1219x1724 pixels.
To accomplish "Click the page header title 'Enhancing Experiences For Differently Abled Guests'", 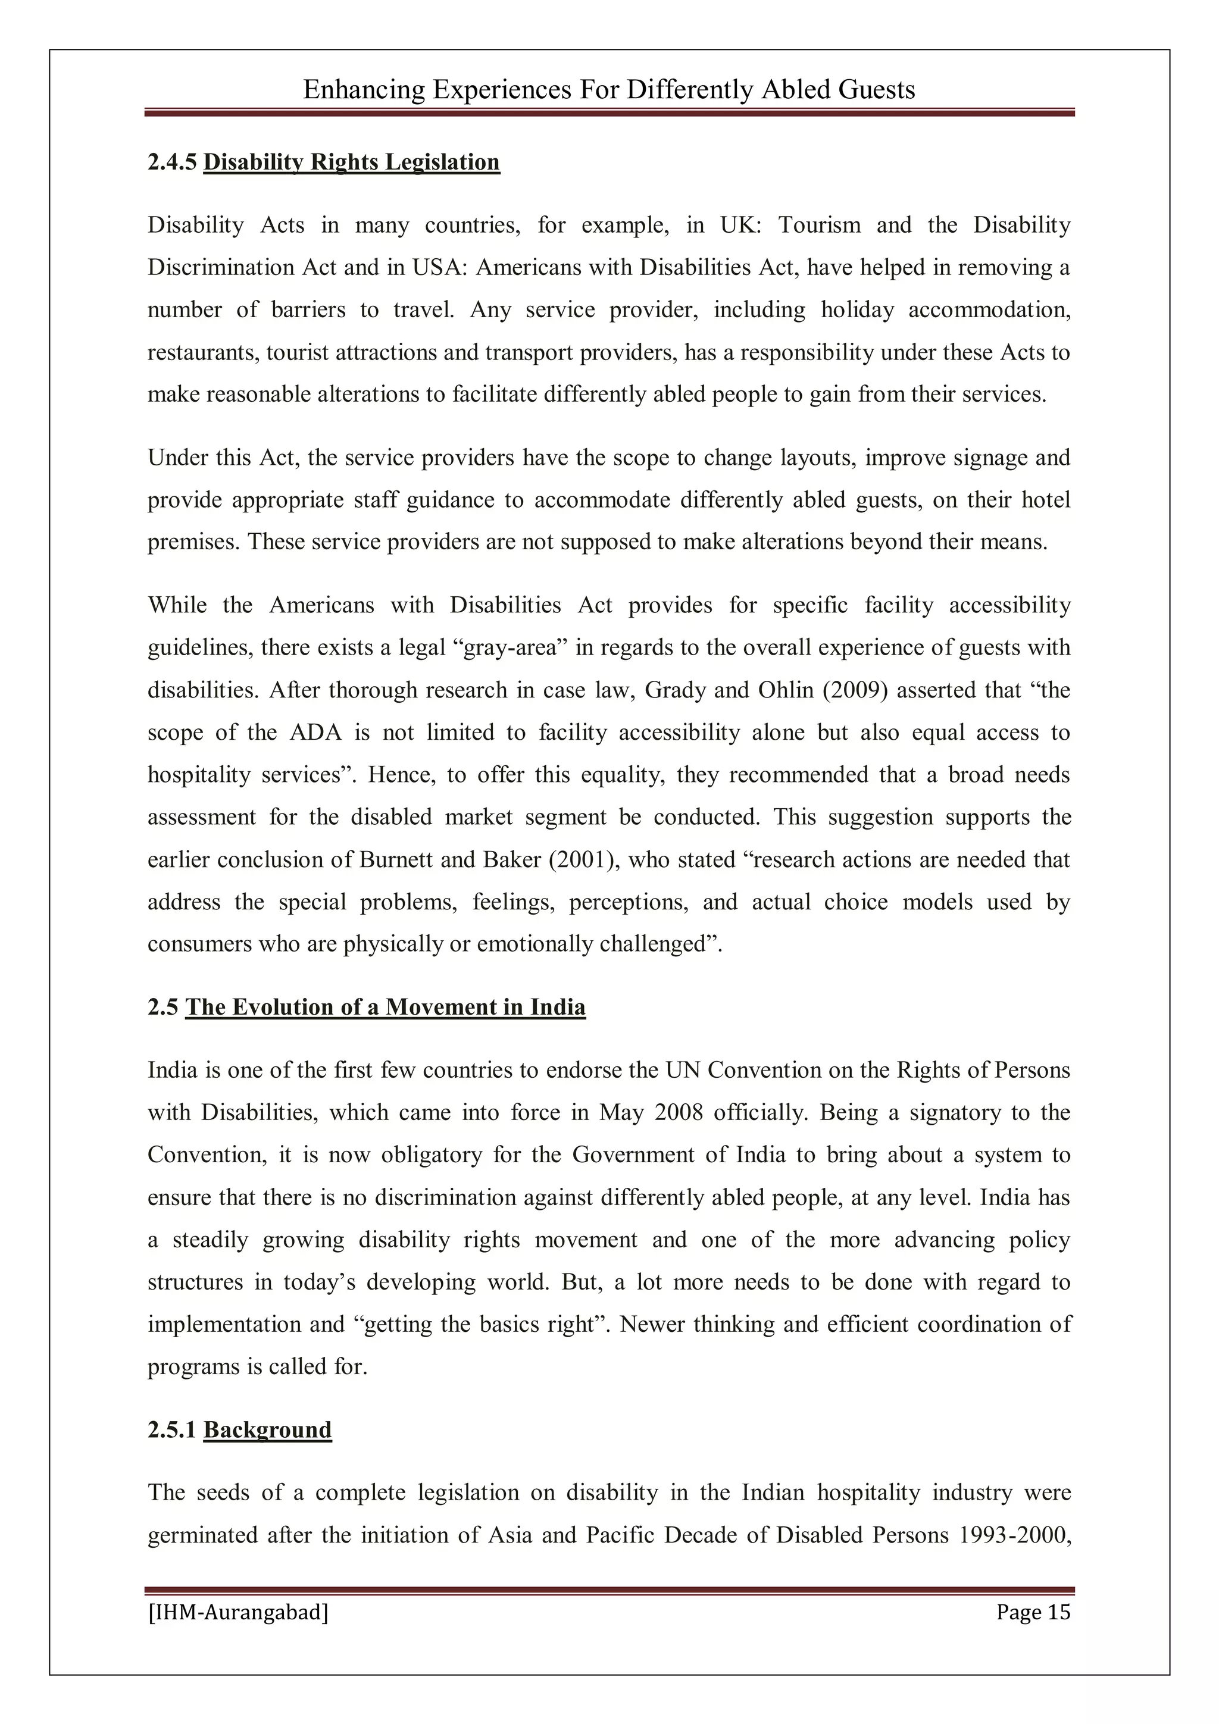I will point(608,90).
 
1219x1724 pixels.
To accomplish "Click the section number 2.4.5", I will point(173,162).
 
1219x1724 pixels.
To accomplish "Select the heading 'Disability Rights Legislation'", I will point(352,162).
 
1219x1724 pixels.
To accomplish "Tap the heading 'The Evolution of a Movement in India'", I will point(385,1007).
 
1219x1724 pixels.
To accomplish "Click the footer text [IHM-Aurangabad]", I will point(238,1612).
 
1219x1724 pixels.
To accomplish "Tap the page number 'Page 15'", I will point(1033,1612).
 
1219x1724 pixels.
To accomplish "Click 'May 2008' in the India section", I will point(651,1113).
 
